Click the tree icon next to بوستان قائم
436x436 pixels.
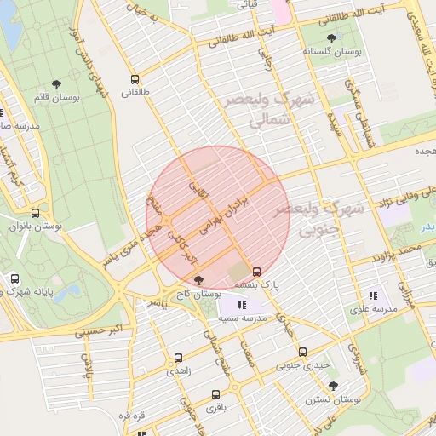click(57, 84)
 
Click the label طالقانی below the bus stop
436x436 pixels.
click(135, 92)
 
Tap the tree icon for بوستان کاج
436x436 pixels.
click(199, 278)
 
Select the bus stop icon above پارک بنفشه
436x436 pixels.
click(256, 272)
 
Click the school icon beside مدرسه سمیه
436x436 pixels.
click(242, 304)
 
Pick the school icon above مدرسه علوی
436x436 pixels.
click(373, 295)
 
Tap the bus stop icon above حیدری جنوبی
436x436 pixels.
click(302, 352)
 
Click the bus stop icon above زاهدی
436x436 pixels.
click(179, 359)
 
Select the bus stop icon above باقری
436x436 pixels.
click(215, 394)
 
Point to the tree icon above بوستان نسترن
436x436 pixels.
click(333, 386)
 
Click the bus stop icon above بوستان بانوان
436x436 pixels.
click(35, 213)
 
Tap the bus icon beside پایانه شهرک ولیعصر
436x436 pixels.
click(15, 278)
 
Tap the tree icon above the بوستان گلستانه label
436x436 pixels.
click(331, 38)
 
